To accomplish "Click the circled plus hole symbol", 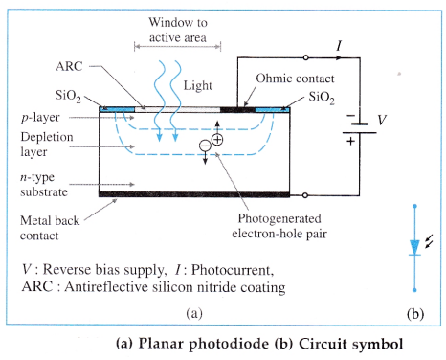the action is pos(217,140).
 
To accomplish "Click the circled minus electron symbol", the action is pos(205,146).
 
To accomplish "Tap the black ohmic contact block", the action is pos(237,110).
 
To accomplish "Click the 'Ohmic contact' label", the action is pos(295,79).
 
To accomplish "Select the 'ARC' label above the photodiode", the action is pos(69,66).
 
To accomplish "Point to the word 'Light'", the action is pos(198,86).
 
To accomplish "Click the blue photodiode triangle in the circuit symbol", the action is pos(414,247).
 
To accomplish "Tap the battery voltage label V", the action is pos(382,120).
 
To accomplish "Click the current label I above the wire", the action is pos(339,46).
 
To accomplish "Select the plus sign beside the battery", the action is pos(350,141).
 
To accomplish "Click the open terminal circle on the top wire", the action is pos(305,57).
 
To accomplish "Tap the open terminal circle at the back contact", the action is pos(305,195).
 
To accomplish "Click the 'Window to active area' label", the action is pos(178,30).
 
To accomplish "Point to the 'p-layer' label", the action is pos(40,118).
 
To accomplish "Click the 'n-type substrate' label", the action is pos(44,185).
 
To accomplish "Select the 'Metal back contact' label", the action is pos(50,228).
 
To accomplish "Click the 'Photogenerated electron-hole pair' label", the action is pos(279,226).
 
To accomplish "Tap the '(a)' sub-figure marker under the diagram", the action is pos(194,313).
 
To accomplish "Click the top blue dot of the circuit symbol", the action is pos(414,207).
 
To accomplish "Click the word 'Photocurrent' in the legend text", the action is pos(233,270).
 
